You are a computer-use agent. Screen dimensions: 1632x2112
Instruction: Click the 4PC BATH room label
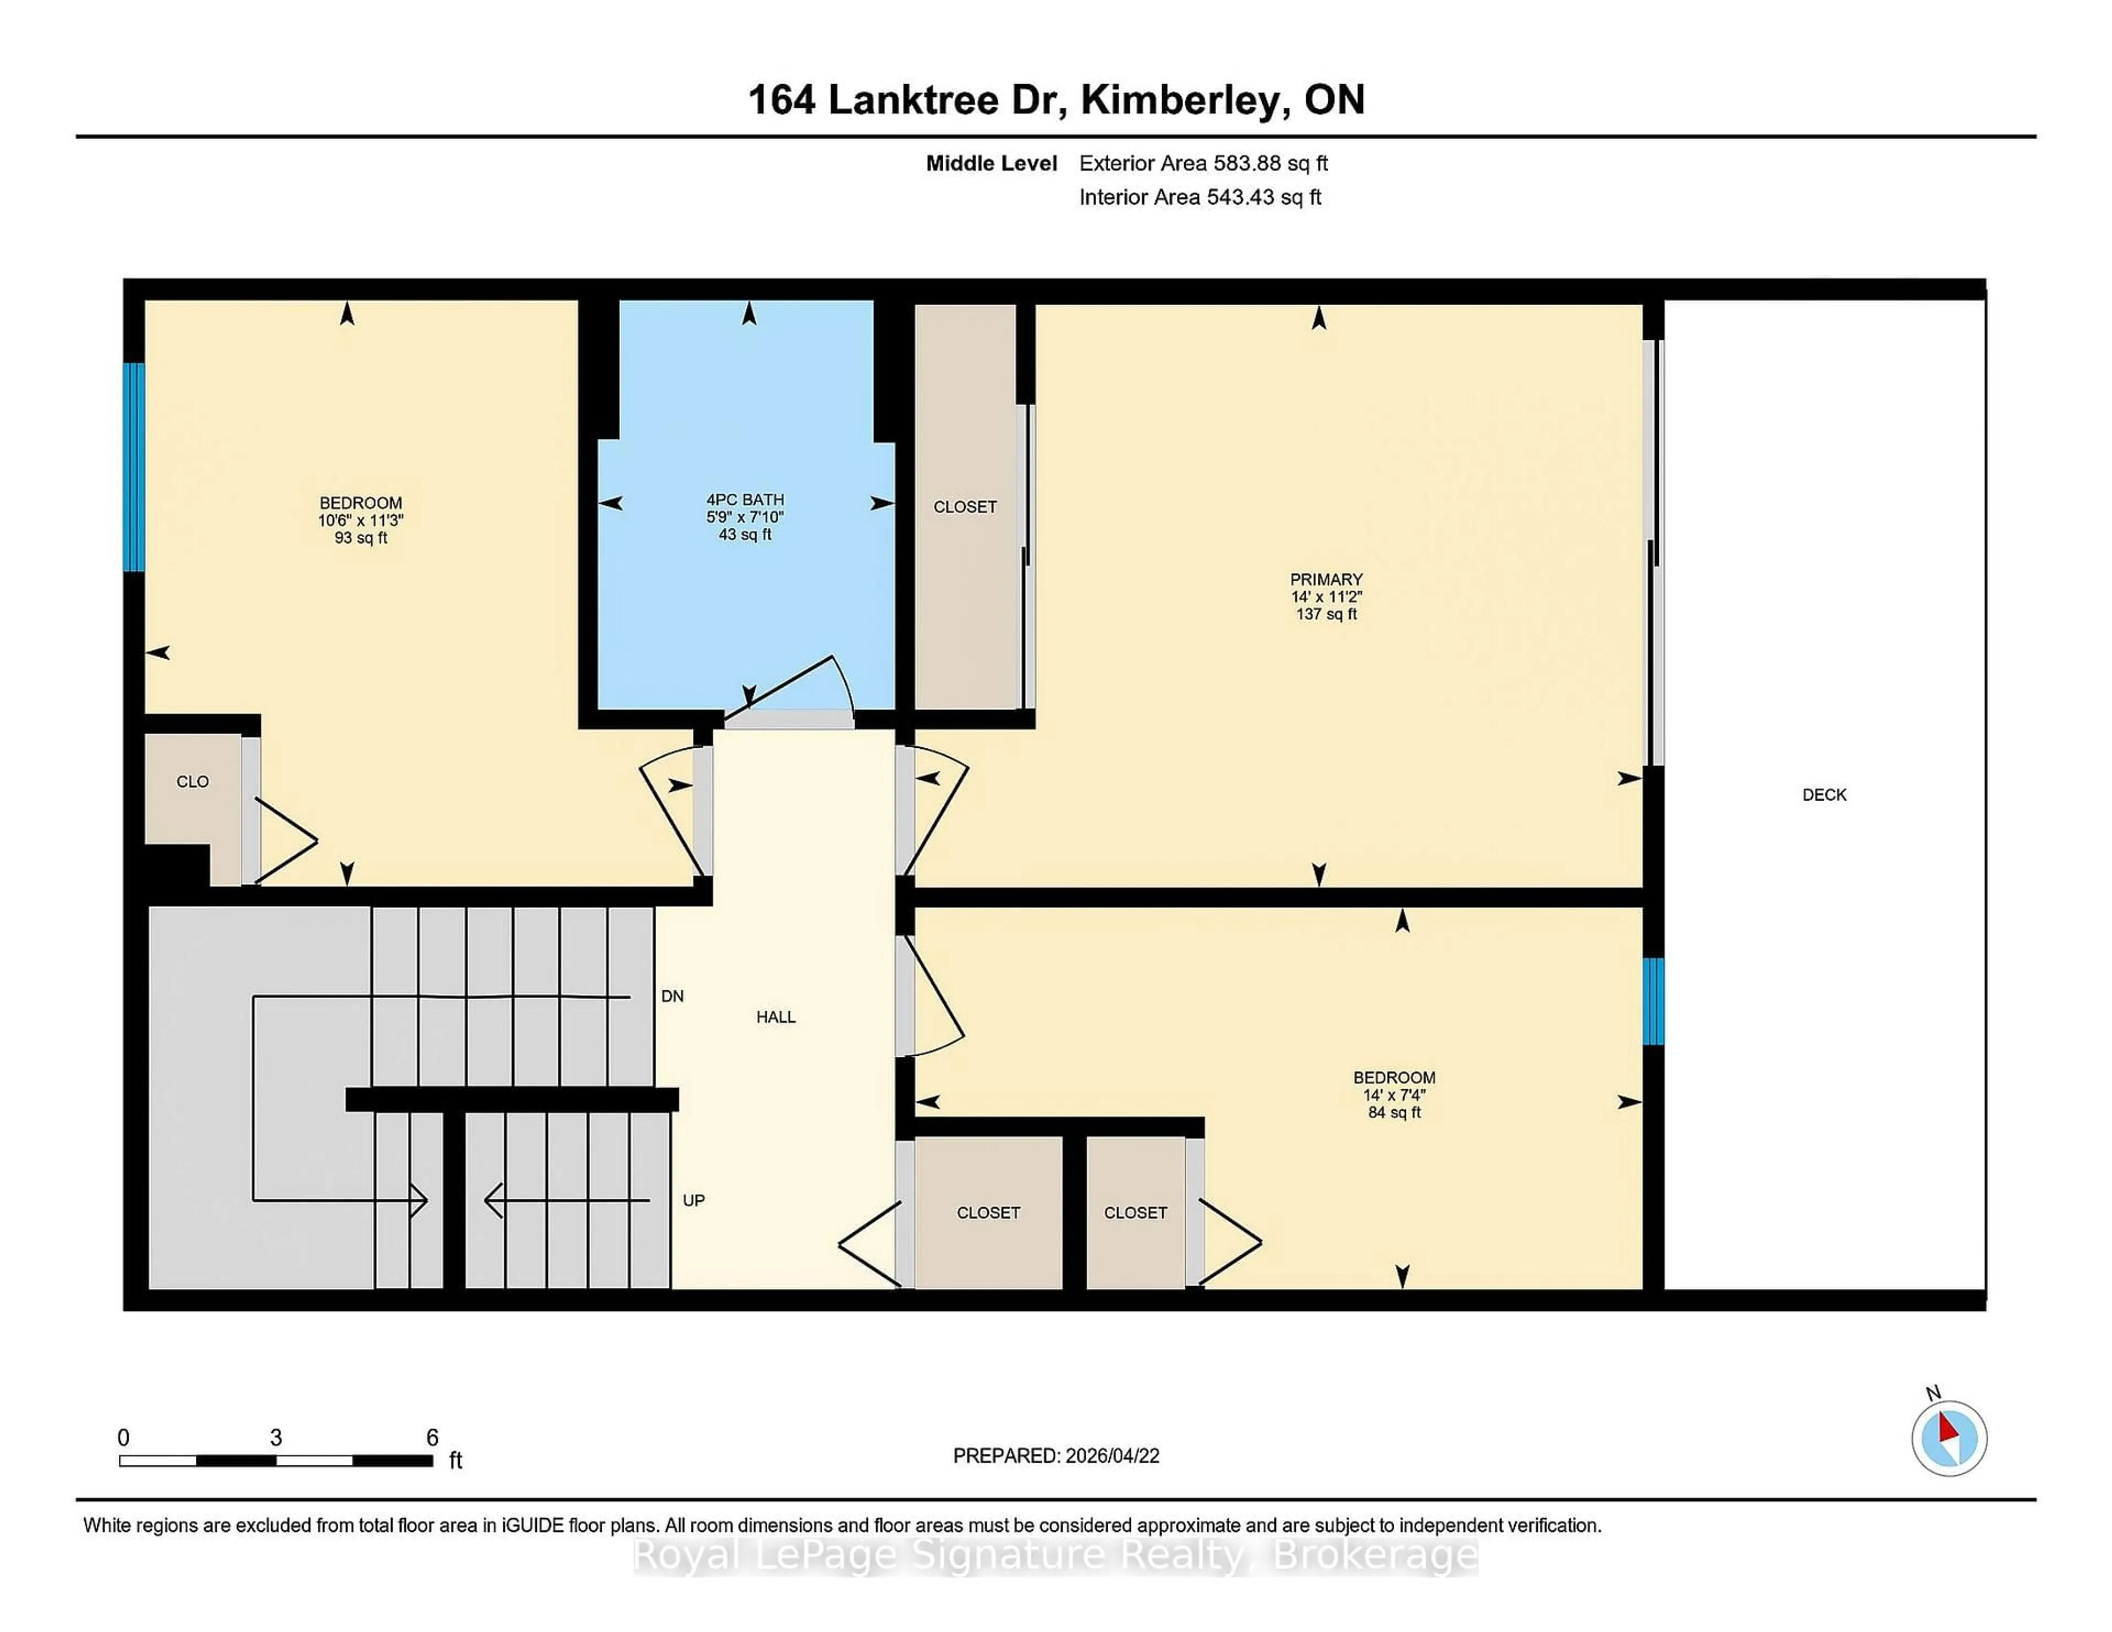(x=745, y=500)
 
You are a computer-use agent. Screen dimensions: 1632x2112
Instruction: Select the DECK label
(x=1824, y=795)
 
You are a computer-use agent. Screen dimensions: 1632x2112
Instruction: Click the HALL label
(x=776, y=1017)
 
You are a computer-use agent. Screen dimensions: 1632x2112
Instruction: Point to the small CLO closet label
(x=193, y=781)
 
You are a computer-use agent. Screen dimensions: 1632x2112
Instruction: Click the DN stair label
(x=672, y=996)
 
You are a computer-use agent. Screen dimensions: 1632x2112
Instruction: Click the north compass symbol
(x=1949, y=1438)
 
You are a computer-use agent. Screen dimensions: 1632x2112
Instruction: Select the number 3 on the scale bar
(x=276, y=1438)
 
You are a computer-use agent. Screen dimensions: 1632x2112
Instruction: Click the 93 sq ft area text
(x=361, y=538)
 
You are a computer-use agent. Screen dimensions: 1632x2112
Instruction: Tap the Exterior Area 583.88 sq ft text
(x=1203, y=163)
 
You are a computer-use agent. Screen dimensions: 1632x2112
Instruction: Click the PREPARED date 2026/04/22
(x=1056, y=1456)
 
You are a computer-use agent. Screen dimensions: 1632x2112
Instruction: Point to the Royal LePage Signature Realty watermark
(x=1055, y=1556)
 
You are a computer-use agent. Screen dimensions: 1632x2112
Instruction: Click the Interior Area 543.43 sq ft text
(x=1199, y=197)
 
